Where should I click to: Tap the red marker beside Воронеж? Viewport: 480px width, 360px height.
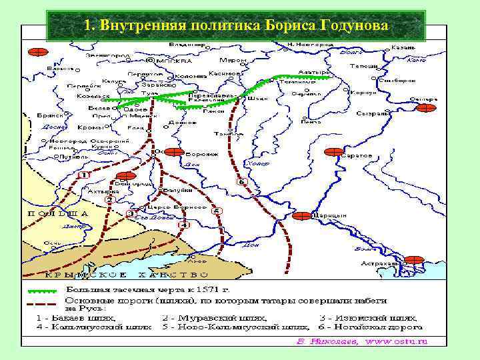click(174, 152)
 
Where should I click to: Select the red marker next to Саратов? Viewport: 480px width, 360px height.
click(333, 152)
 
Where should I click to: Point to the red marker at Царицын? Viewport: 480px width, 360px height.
click(301, 215)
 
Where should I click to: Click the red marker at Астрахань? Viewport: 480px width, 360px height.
click(414, 260)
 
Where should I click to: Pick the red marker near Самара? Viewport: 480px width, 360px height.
click(425, 107)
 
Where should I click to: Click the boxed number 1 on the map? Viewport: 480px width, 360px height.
click(83, 175)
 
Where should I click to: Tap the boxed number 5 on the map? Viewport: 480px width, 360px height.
click(216, 211)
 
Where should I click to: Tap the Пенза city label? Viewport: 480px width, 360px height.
click(308, 121)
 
